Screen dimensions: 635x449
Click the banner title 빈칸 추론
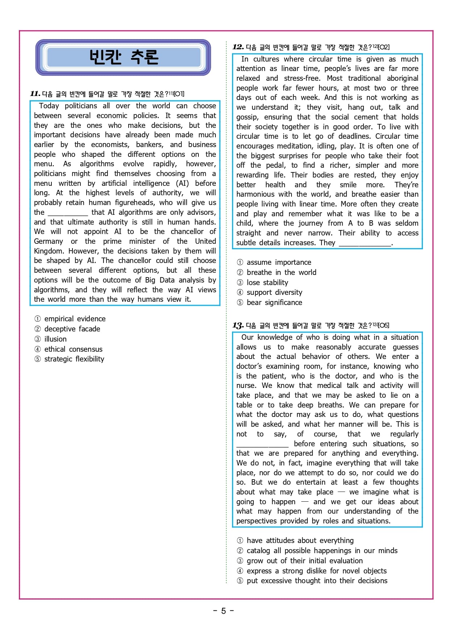click(x=123, y=57)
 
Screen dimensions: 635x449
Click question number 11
click(x=35, y=94)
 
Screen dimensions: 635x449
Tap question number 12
click(x=238, y=47)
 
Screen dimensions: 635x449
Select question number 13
click(x=238, y=325)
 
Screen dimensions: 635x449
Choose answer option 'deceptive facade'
click(x=72, y=329)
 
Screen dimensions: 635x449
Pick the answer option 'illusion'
click(x=55, y=339)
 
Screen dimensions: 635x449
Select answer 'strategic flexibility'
click(x=74, y=359)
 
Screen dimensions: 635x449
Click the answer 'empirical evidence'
click(x=75, y=319)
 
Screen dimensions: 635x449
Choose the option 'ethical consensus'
click(x=73, y=349)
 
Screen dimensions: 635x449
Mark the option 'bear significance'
click(x=274, y=302)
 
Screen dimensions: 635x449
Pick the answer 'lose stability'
click(x=267, y=283)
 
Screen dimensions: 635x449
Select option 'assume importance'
click(x=279, y=262)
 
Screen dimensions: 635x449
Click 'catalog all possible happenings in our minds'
click(x=322, y=551)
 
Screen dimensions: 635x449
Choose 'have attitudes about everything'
click(x=300, y=540)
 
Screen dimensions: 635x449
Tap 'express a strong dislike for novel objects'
click(x=316, y=571)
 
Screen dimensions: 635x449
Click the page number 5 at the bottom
click(x=223, y=611)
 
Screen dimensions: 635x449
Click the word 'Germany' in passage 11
click(x=49, y=241)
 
